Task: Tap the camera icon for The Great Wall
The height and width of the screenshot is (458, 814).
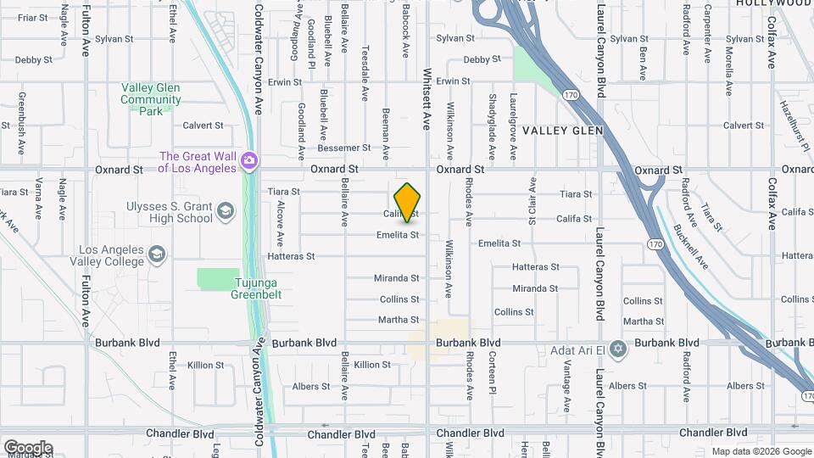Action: [248, 160]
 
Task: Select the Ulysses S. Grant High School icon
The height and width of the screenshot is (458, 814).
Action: [225, 210]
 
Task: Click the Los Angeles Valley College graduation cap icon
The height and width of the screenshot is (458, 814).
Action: [156, 254]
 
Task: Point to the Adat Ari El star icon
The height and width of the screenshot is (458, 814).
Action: [618, 349]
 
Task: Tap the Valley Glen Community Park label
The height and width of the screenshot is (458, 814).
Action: [151, 99]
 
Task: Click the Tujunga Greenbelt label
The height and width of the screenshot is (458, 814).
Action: [256, 289]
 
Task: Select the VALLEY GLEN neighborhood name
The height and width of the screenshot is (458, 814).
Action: [562, 131]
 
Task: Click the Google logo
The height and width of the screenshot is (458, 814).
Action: [28, 448]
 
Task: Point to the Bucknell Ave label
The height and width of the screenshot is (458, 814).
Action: [689, 247]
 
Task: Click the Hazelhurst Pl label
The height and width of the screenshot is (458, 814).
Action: [795, 124]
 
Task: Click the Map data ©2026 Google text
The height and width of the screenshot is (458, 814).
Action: [761, 451]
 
